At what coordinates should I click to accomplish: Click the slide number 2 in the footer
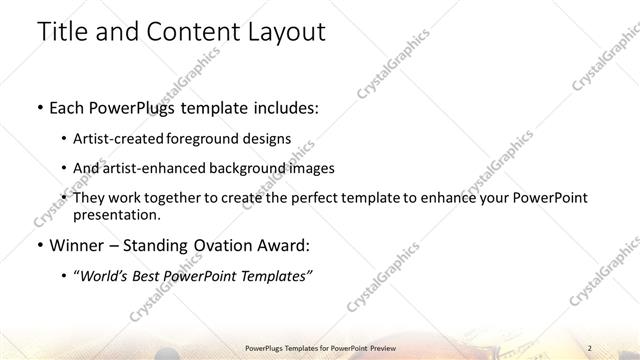click(x=591, y=345)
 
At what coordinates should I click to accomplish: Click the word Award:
click(x=282, y=245)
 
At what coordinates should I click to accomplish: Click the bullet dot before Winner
click(x=38, y=245)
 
